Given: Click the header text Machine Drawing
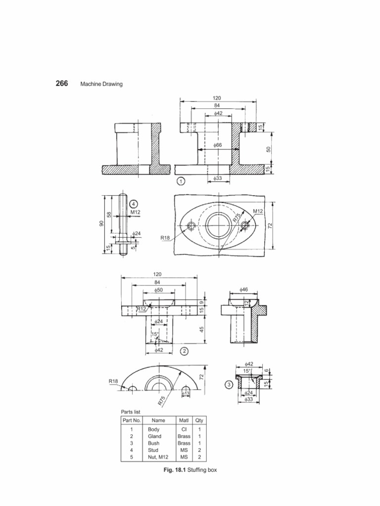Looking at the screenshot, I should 101,84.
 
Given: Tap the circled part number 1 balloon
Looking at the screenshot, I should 181,181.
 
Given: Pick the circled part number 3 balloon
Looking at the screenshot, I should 229,386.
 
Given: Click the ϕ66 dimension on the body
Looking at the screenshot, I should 217,145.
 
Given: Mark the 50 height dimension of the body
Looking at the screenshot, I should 269,149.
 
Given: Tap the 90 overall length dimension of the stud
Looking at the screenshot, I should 101,224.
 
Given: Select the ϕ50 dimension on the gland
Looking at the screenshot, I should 159,291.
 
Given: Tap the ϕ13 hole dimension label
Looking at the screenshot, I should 186,393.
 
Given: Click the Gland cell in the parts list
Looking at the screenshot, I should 154,437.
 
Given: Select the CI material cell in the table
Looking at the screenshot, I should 184,430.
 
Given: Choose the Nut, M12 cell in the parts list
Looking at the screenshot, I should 158,458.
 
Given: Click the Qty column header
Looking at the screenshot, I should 199,420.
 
